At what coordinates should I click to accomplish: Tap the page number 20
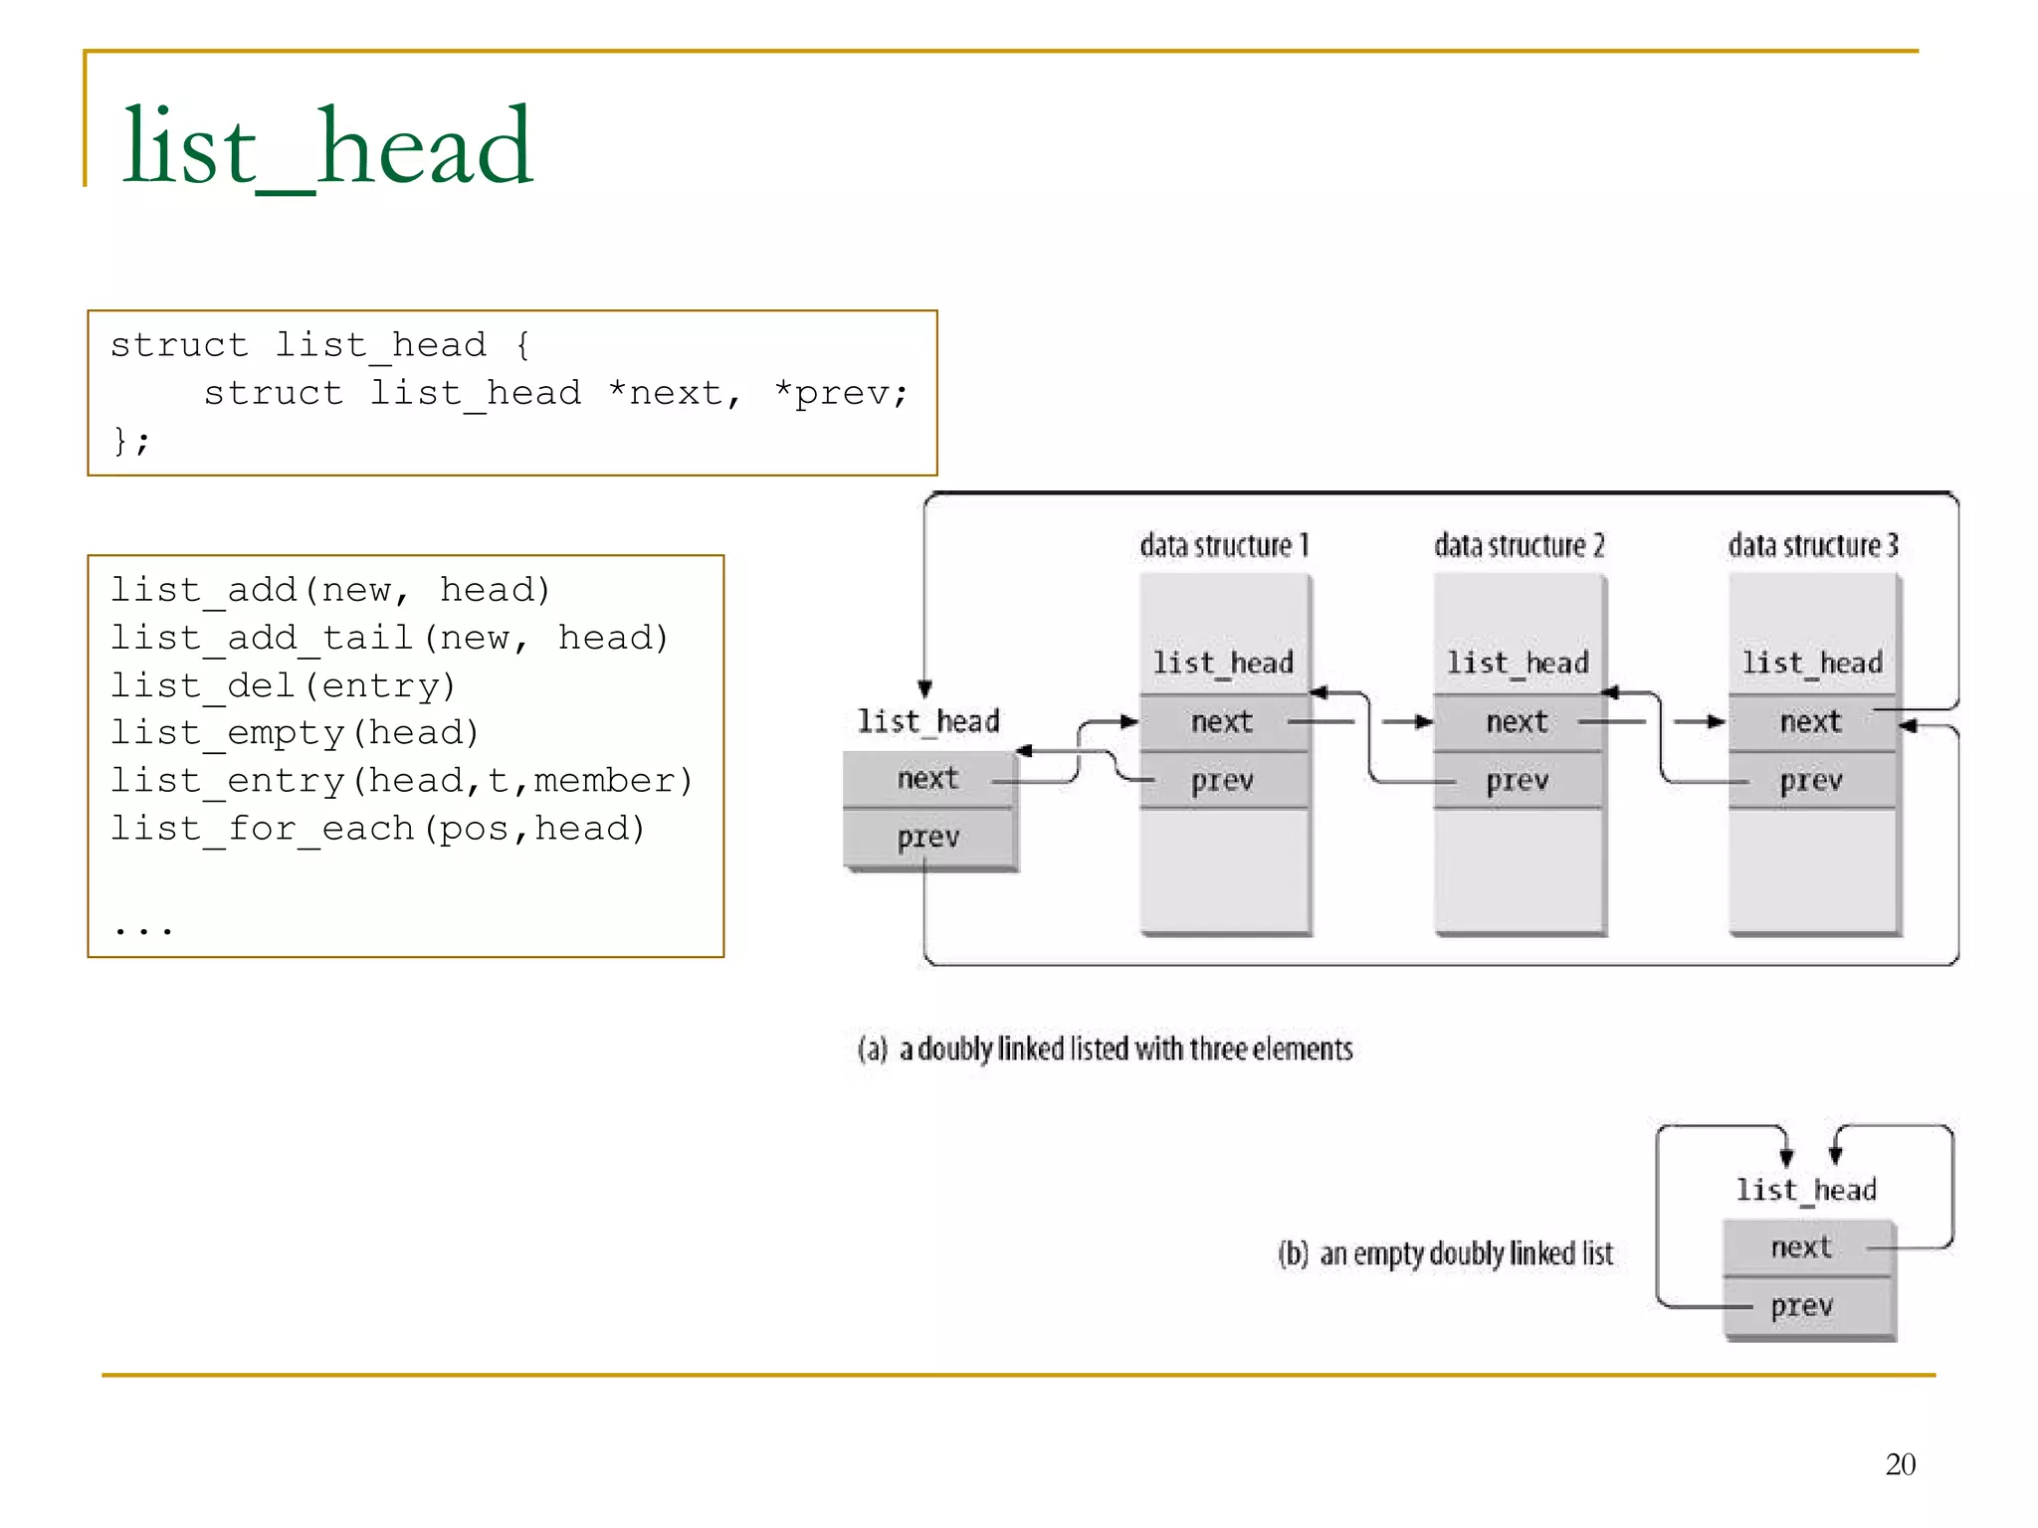1900,1463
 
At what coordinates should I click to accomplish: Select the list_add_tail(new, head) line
389,638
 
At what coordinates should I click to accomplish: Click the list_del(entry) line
283,685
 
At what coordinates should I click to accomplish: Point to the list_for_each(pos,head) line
377,828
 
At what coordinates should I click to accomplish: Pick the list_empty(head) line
295,733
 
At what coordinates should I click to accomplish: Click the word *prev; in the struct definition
841,393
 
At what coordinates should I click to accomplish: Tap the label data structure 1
1224,545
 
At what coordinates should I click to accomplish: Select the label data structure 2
1519,545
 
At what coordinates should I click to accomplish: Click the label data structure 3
1813,545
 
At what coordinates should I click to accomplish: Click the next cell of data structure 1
1222,721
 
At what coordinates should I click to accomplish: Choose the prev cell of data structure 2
1518,780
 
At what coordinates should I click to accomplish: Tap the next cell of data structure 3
1811,721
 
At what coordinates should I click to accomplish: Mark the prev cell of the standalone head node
928,838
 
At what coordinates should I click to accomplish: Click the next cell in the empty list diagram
1801,1247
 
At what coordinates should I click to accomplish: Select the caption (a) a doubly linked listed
1105,1049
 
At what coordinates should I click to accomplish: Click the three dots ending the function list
143,929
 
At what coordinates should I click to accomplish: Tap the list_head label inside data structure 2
1518,663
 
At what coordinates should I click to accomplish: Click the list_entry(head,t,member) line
401,781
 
